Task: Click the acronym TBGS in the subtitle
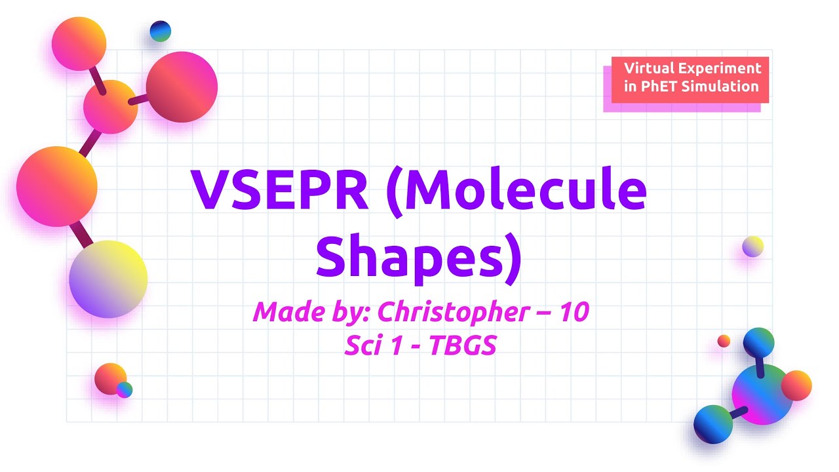462,345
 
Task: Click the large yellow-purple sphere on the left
108,279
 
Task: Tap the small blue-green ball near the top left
160,31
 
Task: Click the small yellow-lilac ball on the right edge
752,246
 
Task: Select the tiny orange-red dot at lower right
724,341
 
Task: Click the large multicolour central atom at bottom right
762,394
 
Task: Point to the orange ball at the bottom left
109,378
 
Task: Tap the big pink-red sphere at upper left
182,87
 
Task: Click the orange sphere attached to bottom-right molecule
796,385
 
